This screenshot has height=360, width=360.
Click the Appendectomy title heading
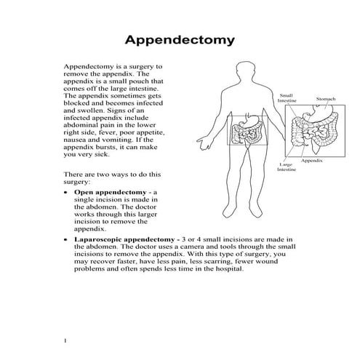(x=180, y=39)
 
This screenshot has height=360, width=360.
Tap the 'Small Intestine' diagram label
(x=286, y=99)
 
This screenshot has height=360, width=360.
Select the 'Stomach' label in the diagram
(x=325, y=98)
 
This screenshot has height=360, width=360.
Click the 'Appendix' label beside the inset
(x=312, y=160)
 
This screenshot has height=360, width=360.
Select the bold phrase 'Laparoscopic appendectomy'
(x=124, y=239)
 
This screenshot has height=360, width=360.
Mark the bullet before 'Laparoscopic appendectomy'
(x=67, y=239)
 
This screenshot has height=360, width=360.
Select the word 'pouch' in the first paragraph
(x=140, y=81)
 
